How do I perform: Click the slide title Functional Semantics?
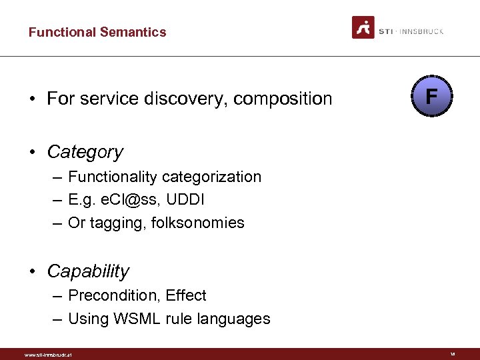(97, 32)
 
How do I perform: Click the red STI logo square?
(363, 27)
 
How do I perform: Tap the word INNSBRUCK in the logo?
(421, 31)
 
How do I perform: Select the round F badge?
(431, 97)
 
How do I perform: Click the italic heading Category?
(85, 152)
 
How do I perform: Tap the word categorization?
(212, 177)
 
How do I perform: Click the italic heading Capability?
(88, 272)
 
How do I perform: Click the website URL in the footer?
(48, 355)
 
